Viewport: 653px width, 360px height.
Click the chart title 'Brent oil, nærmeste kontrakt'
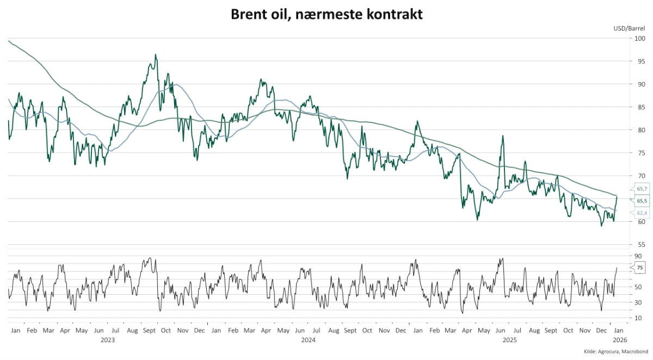click(326, 14)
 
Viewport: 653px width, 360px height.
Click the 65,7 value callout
click(642, 189)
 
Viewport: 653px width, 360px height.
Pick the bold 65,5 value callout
click(642, 201)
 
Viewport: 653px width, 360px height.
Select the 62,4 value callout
click(642, 213)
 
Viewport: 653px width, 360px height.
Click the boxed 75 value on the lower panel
click(640, 268)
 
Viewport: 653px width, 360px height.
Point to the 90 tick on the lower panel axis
click(638, 256)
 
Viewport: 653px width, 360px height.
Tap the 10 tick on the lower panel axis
click(638, 318)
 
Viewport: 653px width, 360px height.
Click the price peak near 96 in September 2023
click(156, 55)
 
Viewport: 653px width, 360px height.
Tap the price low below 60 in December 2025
click(602, 225)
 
